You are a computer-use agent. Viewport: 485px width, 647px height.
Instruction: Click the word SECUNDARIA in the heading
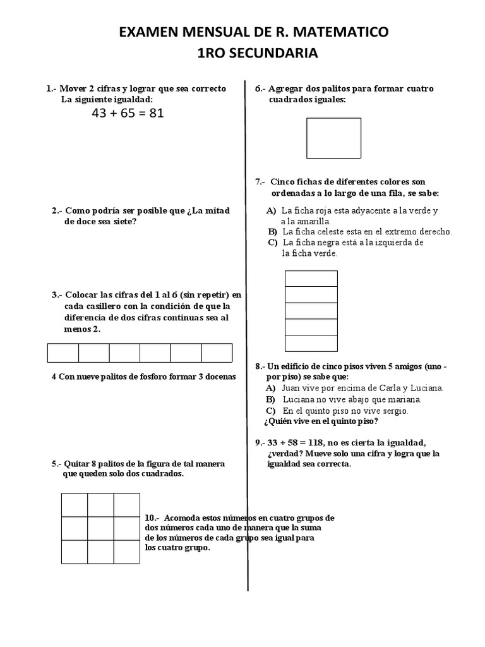pyautogui.click(x=273, y=54)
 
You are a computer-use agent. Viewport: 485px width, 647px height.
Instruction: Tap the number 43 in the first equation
pyautogui.click(x=100, y=114)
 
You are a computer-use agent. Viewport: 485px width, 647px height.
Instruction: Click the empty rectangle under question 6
pyautogui.click(x=333, y=138)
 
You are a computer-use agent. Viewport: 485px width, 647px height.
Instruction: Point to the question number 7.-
pyautogui.click(x=260, y=181)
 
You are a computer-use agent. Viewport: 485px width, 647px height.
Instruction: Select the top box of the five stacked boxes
pyautogui.click(x=311, y=279)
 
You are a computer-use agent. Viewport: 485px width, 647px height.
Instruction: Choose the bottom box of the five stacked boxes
pyautogui.click(x=311, y=344)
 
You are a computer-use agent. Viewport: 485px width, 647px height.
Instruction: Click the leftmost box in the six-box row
pyautogui.click(x=63, y=353)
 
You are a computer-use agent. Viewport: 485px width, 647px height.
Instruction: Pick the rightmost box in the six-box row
pyautogui.click(x=217, y=353)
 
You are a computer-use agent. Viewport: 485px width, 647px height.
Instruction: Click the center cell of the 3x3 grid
pyautogui.click(x=100, y=528)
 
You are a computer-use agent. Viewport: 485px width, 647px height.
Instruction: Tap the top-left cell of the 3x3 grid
pyautogui.click(x=75, y=505)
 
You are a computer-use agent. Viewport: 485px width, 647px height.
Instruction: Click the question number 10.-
pyautogui.click(x=152, y=518)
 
